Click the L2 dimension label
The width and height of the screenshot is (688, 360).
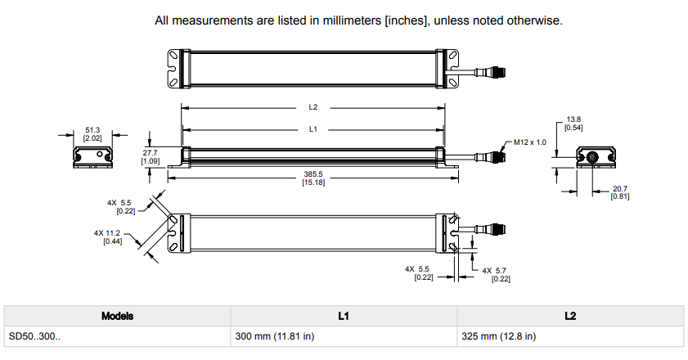pyautogui.click(x=313, y=106)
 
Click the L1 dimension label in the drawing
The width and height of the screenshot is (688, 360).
pyautogui.click(x=313, y=128)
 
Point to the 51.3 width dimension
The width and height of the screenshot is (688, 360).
pyautogui.click(x=92, y=129)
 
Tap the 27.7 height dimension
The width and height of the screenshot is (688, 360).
pyautogui.click(x=150, y=152)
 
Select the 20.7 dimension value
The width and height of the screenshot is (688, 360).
pyautogui.click(x=620, y=189)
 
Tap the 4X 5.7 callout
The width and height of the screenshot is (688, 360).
pyautogui.click(x=497, y=270)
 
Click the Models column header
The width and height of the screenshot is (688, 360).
pyautogui.click(x=117, y=316)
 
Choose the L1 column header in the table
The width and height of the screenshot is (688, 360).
pyautogui.click(x=344, y=316)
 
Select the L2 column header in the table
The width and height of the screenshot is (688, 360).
pyautogui.click(x=569, y=316)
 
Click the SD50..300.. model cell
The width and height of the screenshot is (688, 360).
pyautogui.click(x=35, y=336)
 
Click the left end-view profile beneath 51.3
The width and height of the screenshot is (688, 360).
pyautogui.click(x=92, y=156)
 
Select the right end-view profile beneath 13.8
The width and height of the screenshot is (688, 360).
pyautogui.click(x=596, y=157)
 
